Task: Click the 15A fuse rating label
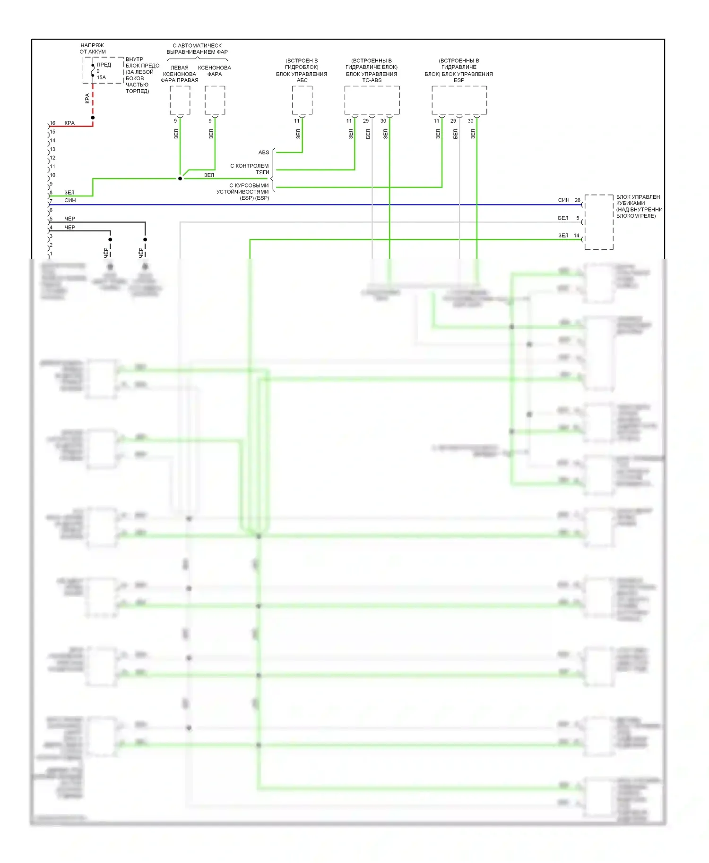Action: [101, 77]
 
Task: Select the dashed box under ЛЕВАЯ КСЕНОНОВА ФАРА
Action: [180, 100]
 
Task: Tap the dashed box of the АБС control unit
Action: [302, 100]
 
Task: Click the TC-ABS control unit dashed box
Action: [372, 100]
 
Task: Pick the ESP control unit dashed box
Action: [459, 100]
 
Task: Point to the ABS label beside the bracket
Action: [264, 152]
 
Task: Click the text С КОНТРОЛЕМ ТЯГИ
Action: [250, 169]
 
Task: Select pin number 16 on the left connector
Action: [52, 123]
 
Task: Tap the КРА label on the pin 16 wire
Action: [69, 123]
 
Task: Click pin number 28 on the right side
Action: [577, 200]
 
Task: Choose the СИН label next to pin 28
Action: [563, 200]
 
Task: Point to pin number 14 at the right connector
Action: [576, 236]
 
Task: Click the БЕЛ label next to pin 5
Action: [563, 218]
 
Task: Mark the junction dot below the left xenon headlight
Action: [180, 178]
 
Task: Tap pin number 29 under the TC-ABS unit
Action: [366, 121]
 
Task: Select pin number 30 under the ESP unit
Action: [470, 121]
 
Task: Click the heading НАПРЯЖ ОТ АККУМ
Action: [93, 49]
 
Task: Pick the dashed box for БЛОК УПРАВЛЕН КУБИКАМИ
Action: [599, 222]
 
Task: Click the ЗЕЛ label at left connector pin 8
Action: [69, 193]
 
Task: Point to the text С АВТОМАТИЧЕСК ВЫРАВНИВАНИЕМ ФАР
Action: [197, 49]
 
